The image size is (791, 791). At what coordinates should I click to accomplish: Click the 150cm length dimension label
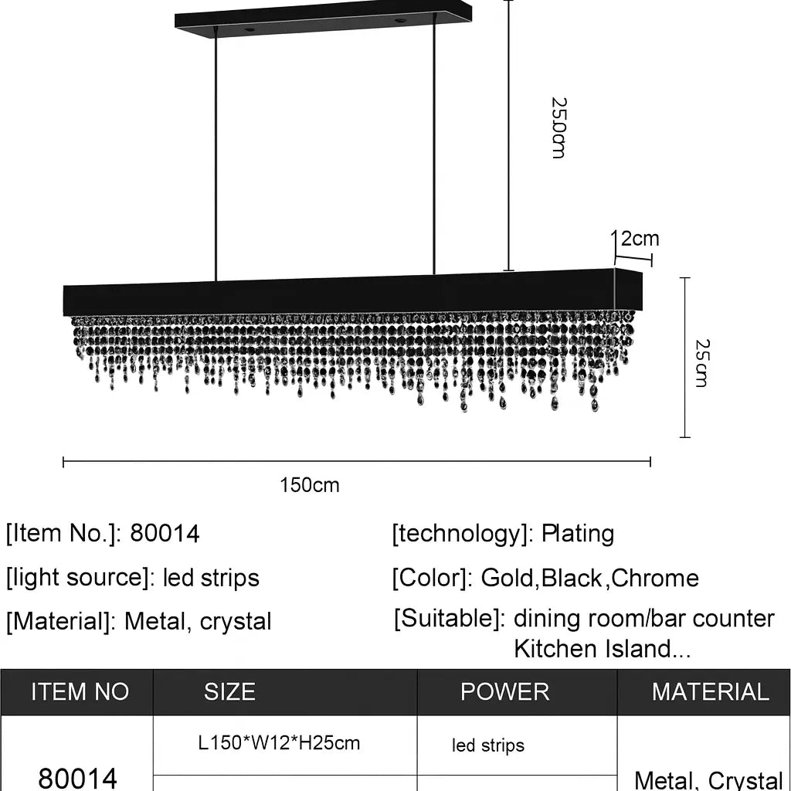[309, 485]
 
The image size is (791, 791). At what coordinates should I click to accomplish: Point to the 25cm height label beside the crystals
[701, 362]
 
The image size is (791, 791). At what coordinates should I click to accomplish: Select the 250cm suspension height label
[558, 127]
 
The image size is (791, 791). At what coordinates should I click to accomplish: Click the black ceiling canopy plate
[323, 19]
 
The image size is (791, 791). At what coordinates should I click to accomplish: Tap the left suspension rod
[216, 154]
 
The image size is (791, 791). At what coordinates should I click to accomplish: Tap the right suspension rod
[434, 154]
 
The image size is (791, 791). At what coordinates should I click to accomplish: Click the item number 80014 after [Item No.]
[165, 533]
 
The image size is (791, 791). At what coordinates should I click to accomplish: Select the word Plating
[577, 533]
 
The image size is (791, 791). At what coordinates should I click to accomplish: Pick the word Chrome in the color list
[654, 578]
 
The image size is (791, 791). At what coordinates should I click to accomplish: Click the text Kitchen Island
[595, 649]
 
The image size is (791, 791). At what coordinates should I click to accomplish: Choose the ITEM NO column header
[80, 691]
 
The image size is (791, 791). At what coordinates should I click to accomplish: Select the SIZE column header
[229, 691]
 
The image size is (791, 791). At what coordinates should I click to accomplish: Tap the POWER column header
[504, 691]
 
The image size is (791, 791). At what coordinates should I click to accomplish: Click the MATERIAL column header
[710, 691]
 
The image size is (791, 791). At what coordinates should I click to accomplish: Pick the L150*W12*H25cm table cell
[279, 743]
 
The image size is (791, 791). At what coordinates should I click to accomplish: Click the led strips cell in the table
[488, 745]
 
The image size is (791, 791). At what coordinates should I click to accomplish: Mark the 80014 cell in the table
[78, 777]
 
